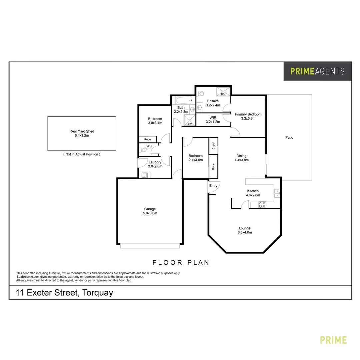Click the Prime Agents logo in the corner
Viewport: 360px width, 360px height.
coord(317,71)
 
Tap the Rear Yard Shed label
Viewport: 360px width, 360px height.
coord(82,133)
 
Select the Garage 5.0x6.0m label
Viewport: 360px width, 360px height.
coord(150,211)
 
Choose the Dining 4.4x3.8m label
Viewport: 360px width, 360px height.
coord(241,158)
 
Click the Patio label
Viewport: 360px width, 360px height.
coord(289,137)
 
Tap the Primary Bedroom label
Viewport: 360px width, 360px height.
coord(248,116)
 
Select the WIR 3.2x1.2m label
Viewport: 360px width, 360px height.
coord(213,120)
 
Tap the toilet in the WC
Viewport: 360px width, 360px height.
coord(144,150)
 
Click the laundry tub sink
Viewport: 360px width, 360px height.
coord(145,175)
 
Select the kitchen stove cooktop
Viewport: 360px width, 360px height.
coord(262,205)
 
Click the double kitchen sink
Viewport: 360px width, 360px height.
coord(277,193)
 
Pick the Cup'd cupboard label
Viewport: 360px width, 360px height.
coord(213,146)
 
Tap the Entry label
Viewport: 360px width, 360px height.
coord(213,186)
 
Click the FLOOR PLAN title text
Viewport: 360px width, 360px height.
coord(181,263)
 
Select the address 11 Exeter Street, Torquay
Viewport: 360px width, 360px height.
coord(65,293)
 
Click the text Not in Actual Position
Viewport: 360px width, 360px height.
coord(82,154)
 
